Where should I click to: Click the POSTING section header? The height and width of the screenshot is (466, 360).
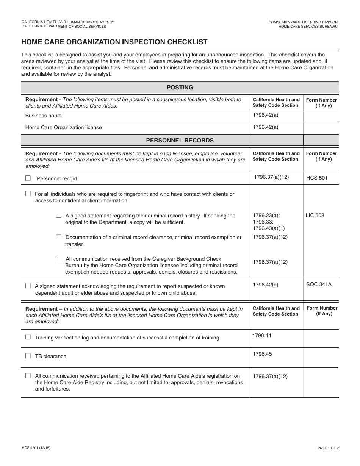pos(180,88)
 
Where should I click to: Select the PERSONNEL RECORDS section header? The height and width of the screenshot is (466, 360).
pos(180,141)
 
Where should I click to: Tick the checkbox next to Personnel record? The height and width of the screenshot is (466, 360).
pos(28,178)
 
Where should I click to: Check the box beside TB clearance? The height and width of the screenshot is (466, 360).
pos(28,356)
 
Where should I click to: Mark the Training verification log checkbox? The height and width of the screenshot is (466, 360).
pos(28,337)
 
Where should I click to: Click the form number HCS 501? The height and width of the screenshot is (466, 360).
pos(316,178)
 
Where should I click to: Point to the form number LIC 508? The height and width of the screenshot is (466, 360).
pos(315,216)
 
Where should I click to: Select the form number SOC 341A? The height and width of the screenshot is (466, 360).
pos(319,284)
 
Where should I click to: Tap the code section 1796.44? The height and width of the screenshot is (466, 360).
pos(262,336)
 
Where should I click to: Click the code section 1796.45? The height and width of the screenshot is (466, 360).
pos(262,354)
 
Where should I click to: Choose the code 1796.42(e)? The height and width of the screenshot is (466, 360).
pos(265,285)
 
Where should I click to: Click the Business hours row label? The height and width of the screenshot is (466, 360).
pos(43,116)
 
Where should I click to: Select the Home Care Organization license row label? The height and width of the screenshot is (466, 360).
pos(63,128)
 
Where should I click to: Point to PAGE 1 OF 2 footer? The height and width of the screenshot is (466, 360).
pos(328,448)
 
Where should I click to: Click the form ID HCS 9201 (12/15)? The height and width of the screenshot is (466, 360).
pos(36,448)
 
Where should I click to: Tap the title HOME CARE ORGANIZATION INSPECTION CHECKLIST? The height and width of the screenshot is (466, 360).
pos(114,42)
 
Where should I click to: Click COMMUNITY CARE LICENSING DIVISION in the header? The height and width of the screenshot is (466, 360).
pos(303,22)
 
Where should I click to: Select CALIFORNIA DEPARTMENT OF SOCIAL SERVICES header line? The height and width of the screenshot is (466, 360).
pos(64,27)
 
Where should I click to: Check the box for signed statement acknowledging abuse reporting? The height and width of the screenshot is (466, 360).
pos(28,286)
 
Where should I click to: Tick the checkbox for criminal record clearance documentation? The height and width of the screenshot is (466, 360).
pos(59,237)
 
